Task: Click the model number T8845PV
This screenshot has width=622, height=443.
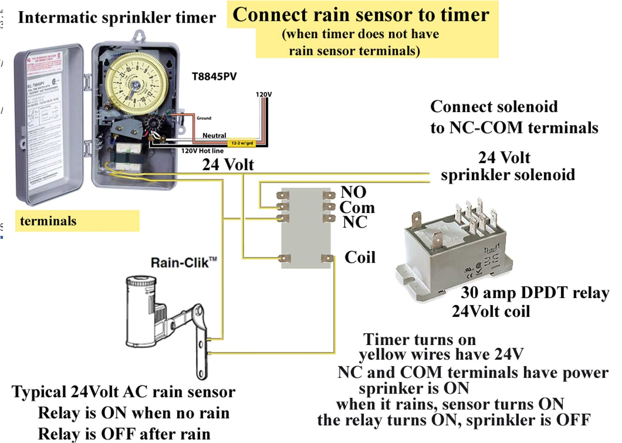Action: click(x=214, y=77)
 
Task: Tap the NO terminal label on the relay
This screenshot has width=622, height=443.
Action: click(x=353, y=192)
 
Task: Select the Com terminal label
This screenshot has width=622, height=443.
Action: click(x=357, y=207)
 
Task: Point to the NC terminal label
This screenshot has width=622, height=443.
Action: click(x=354, y=222)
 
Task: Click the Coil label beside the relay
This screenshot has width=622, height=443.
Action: click(x=360, y=257)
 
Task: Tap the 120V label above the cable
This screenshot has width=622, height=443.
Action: click(x=264, y=94)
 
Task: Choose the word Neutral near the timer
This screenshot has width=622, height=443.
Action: click(x=214, y=136)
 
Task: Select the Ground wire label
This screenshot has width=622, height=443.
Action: click(x=204, y=118)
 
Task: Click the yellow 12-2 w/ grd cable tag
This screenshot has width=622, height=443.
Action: click(x=242, y=143)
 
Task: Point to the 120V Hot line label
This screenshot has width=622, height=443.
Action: click(x=202, y=151)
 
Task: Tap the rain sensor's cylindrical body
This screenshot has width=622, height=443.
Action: click(x=141, y=310)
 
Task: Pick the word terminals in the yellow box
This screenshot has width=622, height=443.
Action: click(x=48, y=221)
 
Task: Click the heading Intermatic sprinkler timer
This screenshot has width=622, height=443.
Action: click(x=117, y=18)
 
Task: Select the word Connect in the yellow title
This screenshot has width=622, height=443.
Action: click(x=270, y=15)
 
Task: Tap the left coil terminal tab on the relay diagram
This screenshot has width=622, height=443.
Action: click(x=284, y=258)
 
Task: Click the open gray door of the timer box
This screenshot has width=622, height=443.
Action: click(x=49, y=124)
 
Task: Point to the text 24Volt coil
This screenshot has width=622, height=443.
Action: click(x=490, y=311)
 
